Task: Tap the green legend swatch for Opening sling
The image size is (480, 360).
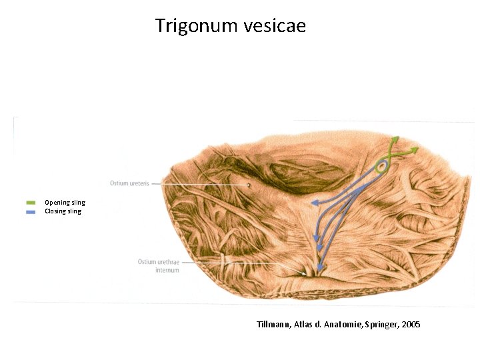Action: pyautogui.click(x=31, y=202)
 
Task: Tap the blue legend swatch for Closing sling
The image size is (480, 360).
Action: pyautogui.click(x=31, y=211)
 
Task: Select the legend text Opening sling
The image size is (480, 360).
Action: pyautogui.click(x=65, y=202)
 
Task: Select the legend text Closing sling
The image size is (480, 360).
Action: pyautogui.click(x=63, y=211)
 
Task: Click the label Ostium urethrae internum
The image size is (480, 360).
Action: pyautogui.click(x=159, y=266)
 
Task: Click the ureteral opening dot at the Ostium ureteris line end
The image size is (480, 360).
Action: pyautogui.click(x=249, y=185)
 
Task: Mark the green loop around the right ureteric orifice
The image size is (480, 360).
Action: pyautogui.click(x=381, y=167)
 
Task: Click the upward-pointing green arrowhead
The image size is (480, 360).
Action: pyautogui.click(x=395, y=139)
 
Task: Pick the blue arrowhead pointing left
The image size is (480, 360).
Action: pyautogui.click(x=314, y=202)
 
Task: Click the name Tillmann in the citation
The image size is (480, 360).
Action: pyautogui.click(x=273, y=325)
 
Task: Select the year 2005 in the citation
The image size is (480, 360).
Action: pyautogui.click(x=411, y=325)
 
